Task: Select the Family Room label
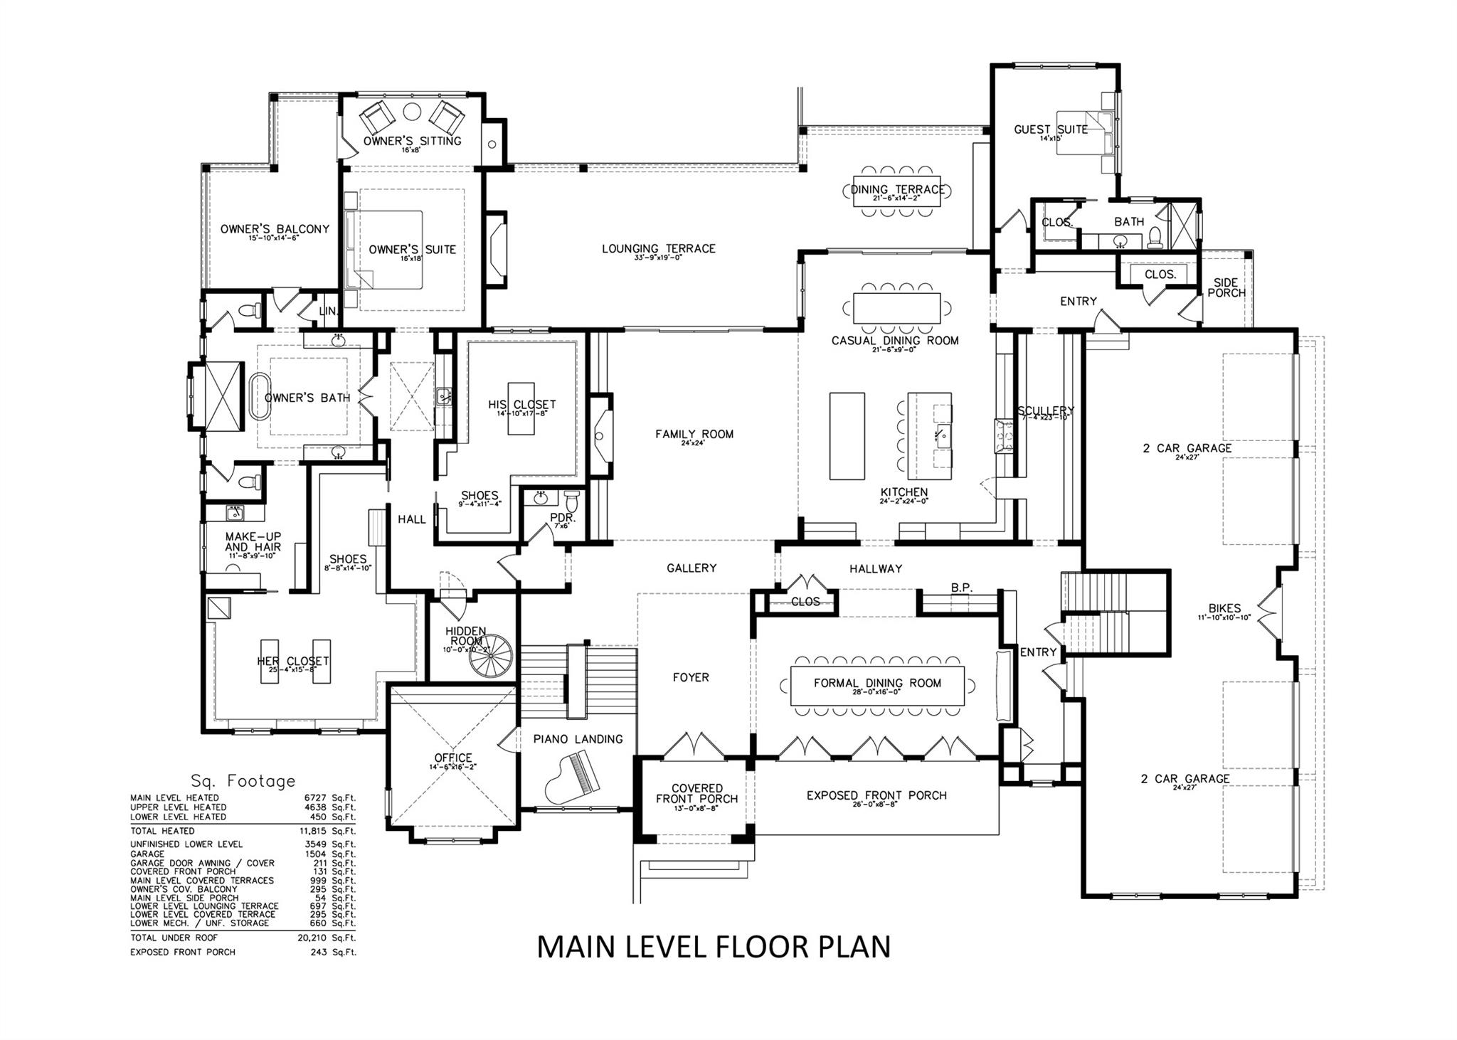(x=694, y=435)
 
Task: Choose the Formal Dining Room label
(x=877, y=683)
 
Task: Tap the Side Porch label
(x=1226, y=287)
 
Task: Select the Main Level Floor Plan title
(x=713, y=948)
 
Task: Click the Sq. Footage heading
(x=243, y=781)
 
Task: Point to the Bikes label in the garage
(x=1224, y=608)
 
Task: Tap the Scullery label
(x=1045, y=411)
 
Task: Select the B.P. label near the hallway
(x=961, y=588)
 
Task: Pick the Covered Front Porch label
(x=696, y=793)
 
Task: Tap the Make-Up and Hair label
(x=253, y=541)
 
